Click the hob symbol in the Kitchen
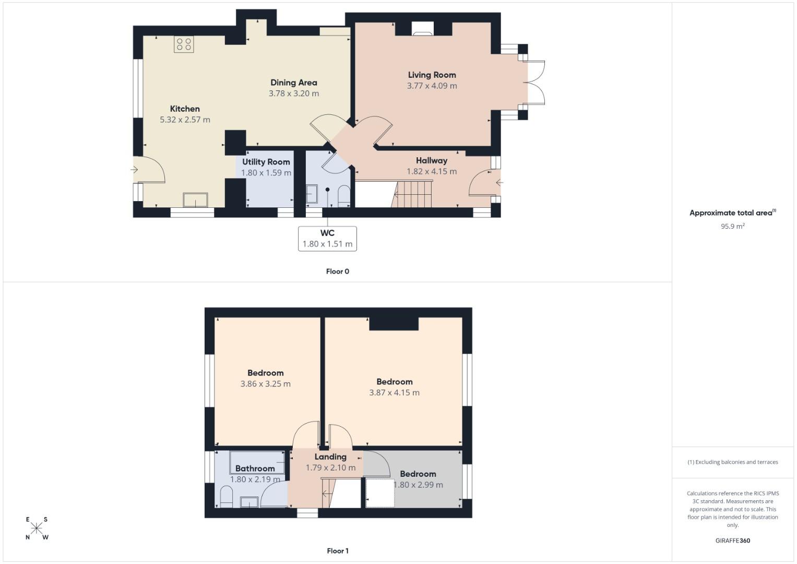(184, 44)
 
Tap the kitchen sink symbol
(195, 200)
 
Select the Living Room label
(432, 75)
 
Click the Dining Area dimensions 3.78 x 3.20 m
(293, 93)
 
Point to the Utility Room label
(266, 162)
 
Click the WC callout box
(327, 239)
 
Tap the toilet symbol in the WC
(344, 196)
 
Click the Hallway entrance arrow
(499, 183)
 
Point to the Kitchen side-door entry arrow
(134, 170)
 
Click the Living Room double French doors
(536, 83)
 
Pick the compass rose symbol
(37, 528)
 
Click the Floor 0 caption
(337, 272)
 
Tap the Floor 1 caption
(337, 551)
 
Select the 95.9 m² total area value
(732, 226)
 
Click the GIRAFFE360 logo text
(732, 540)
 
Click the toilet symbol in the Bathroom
(226, 497)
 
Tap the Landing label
(330, 457)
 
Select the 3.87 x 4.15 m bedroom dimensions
(394, 393)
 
